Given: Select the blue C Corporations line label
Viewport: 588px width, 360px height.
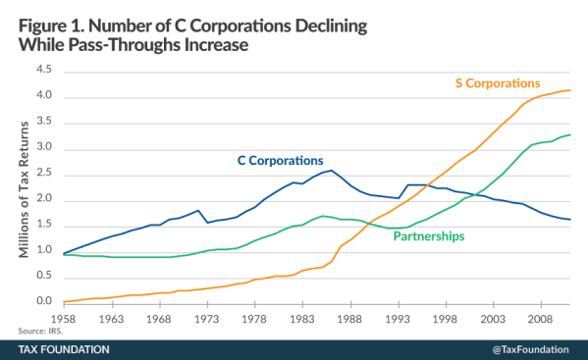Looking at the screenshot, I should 281,160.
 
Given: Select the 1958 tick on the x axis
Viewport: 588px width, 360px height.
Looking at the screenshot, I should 64,319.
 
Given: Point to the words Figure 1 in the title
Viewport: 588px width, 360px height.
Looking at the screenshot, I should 50,19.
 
